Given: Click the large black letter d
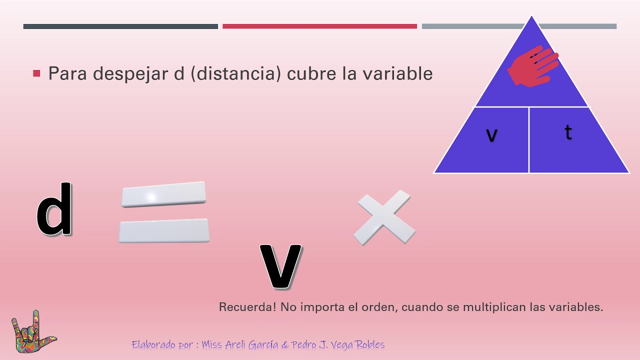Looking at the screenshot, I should click(x=54, y=210).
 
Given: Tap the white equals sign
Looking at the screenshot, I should click(x=164, y=212).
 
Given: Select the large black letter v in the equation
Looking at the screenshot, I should click(x=280, y=266).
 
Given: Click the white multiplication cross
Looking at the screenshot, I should click(x=384, y=217).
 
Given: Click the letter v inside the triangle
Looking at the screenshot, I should click(x=491, y=134).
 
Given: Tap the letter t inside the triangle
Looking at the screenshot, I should click(x=568, y=132).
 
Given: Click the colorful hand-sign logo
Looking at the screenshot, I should click(x=33, y=332).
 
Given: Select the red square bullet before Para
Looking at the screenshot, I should click(x=36, y=73).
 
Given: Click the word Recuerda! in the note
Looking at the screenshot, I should click(x=247, y=307).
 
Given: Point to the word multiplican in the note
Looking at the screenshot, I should click(x=494, y=307).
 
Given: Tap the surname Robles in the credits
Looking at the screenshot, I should click(x=366, y=345).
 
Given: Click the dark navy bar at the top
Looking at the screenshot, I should click(x=120, y=26).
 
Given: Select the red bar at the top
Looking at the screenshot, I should click(x=319, y=26).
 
